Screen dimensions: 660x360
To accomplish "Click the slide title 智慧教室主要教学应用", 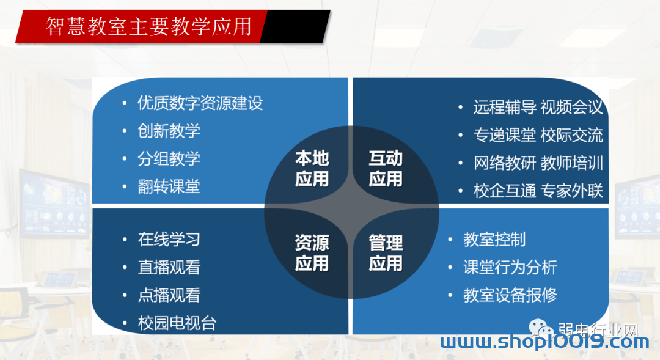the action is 148,26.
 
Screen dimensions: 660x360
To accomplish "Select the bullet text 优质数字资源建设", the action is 200,103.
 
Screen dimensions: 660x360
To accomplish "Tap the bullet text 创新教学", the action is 169,131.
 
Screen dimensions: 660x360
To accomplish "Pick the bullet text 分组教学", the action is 169,159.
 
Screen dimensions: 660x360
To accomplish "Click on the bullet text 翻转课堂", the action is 169,186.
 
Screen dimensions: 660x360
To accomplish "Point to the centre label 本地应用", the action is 312,169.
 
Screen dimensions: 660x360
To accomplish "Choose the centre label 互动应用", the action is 386,169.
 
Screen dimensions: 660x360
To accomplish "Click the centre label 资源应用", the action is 312,253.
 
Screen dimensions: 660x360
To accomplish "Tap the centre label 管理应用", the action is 386,253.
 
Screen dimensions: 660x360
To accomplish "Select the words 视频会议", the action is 571,108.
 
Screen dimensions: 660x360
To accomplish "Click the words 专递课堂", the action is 505,135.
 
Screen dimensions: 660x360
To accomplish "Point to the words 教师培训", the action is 571,163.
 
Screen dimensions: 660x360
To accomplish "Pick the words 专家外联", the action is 571,191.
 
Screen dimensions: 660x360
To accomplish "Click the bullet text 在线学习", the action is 169,240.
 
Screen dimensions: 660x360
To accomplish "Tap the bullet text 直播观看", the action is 169,267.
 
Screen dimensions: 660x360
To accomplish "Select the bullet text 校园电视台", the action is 177,323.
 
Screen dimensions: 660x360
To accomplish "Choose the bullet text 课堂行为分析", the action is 510,267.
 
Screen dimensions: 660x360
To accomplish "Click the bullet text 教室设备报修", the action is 510,295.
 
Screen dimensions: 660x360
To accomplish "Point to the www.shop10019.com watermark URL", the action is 544,342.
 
